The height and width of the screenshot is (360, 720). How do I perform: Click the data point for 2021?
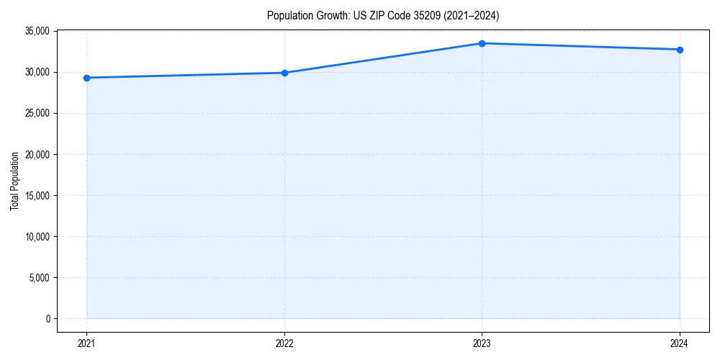[x=86, y=78]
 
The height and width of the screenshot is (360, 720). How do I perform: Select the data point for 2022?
[x=284, y=73]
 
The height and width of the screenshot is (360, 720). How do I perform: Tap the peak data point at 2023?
[x=482, y=43]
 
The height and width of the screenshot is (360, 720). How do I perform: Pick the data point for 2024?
[x=680, y=50]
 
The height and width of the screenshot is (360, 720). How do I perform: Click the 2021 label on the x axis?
[x=86, y=343]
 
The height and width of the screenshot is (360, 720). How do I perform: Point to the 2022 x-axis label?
[x=284, y=343]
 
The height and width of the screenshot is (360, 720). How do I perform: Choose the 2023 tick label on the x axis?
[x=482, y=343]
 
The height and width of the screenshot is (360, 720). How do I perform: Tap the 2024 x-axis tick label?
[x=680, y=343]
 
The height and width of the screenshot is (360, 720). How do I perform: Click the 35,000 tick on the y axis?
[x=37, y=31]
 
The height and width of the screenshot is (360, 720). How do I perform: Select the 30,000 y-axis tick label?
[x=37, y=72]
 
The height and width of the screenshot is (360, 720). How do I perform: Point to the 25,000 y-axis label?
[x=37, y=113]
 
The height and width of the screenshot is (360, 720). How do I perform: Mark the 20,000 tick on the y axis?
[x=37, y=154]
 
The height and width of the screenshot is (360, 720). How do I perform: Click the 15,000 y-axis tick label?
[x=37, y=195]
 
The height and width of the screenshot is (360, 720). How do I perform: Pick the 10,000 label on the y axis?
[x=37, y=236]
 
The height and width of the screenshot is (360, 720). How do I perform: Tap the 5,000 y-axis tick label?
[x=39, y=277]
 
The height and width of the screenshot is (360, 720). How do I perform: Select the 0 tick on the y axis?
[x=47, y=318]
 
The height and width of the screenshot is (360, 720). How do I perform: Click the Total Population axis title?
[x=14, y=181]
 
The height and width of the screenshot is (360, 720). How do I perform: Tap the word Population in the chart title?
[x=288, y=15]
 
